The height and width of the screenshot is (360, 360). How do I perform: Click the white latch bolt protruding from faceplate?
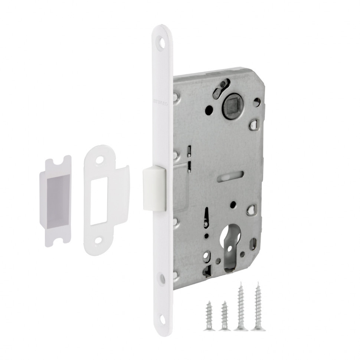154,188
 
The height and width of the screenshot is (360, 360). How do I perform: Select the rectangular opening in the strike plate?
99,200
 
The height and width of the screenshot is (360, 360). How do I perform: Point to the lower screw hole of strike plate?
98,240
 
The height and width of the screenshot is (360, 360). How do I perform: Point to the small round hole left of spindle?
209,110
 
